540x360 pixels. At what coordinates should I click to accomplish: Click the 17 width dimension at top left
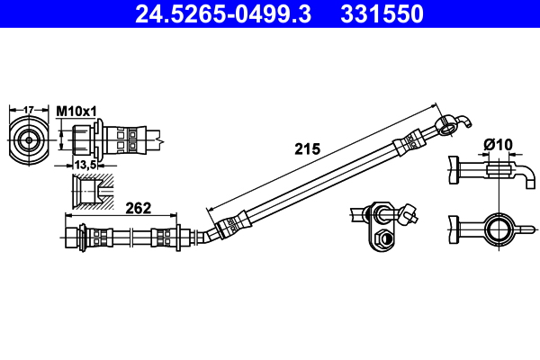[28, 109]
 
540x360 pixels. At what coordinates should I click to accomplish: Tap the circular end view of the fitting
[29, 139]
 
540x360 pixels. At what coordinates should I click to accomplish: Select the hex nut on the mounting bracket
[381, 238]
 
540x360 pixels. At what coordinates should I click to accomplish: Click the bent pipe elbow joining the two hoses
[207, 235]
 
